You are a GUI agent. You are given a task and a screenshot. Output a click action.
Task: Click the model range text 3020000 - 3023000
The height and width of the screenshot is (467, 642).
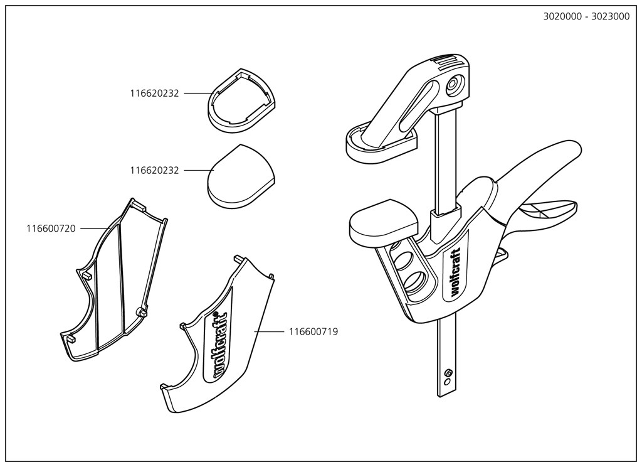point(586,17)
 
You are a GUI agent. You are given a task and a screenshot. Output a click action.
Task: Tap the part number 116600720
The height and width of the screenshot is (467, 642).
point(51,228)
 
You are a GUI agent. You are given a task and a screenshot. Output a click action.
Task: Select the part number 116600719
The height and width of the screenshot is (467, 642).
point(313,331)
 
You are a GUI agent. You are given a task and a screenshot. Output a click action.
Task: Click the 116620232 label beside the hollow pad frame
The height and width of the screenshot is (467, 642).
point(154,94)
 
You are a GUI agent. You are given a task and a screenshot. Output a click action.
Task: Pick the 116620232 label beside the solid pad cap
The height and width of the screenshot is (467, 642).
point(154,170)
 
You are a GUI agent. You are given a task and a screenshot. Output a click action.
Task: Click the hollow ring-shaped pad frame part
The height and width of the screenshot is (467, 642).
point(241,100)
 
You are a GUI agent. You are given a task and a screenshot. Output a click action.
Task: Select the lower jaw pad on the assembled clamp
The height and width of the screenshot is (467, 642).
point(383,222)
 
